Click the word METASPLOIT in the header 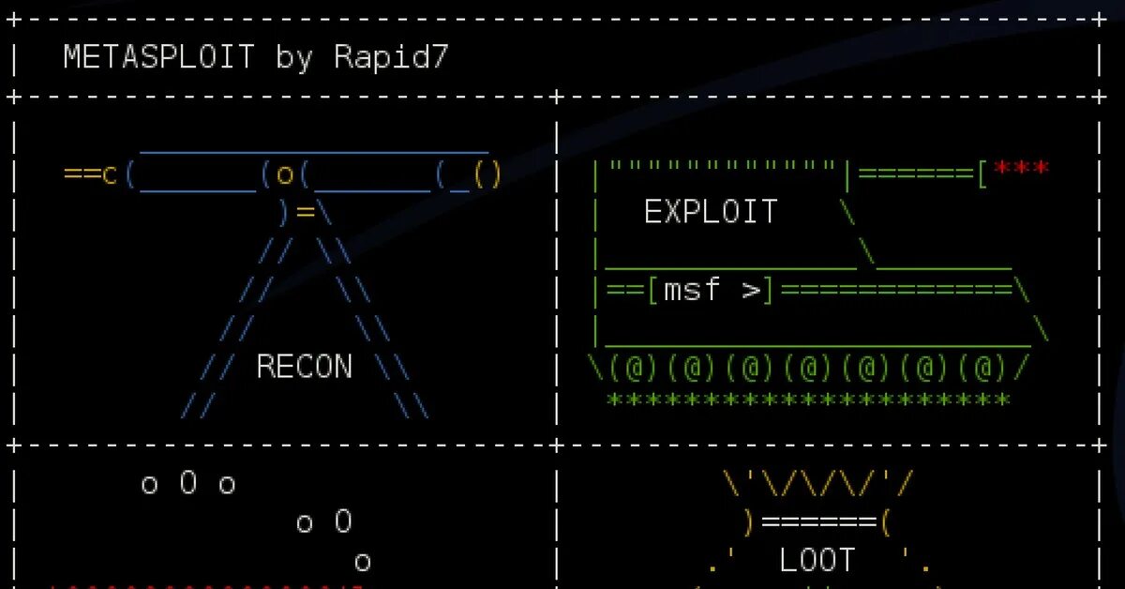tap(159, 58)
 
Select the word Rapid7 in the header tap(392, 58)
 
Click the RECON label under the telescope tap(305, 367)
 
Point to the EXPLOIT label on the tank tap(712, 212)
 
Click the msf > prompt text tap(712, 291)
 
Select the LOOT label tap(817, 561)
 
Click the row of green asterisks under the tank tap(808, 400)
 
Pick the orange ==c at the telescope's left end tap(90, 174)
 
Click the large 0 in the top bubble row tap(188, 484)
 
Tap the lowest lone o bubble tap(363, 563)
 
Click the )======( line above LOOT tap(817, 521)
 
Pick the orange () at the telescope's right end tap(487, 174)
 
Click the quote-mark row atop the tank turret tap(722, 166)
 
